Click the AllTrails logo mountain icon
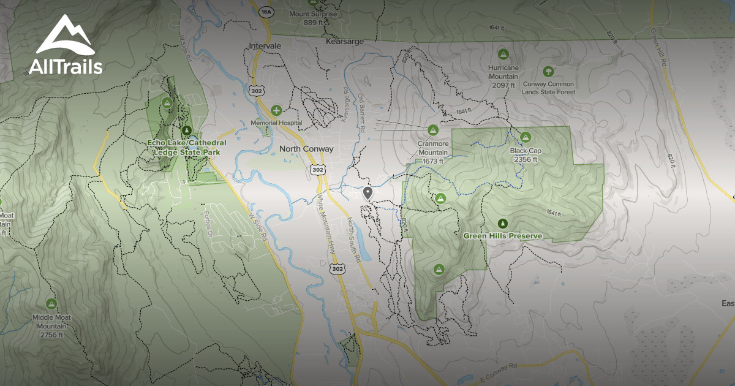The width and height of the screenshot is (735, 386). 64,36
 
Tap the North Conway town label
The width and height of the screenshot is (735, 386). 306,149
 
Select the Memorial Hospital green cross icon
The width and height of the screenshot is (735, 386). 277,111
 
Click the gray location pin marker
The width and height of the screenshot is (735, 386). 367,194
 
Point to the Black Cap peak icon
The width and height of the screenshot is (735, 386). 525,137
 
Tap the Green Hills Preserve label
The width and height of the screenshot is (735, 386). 503,235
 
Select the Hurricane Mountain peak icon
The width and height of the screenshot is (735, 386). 503,54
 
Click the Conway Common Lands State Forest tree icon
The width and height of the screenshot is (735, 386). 548,71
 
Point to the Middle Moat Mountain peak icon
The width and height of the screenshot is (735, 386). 51,303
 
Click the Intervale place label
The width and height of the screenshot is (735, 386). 265,46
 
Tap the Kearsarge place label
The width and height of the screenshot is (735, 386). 345,41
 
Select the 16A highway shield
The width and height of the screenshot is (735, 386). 265,12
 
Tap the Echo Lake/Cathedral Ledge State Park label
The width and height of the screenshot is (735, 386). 182,146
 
